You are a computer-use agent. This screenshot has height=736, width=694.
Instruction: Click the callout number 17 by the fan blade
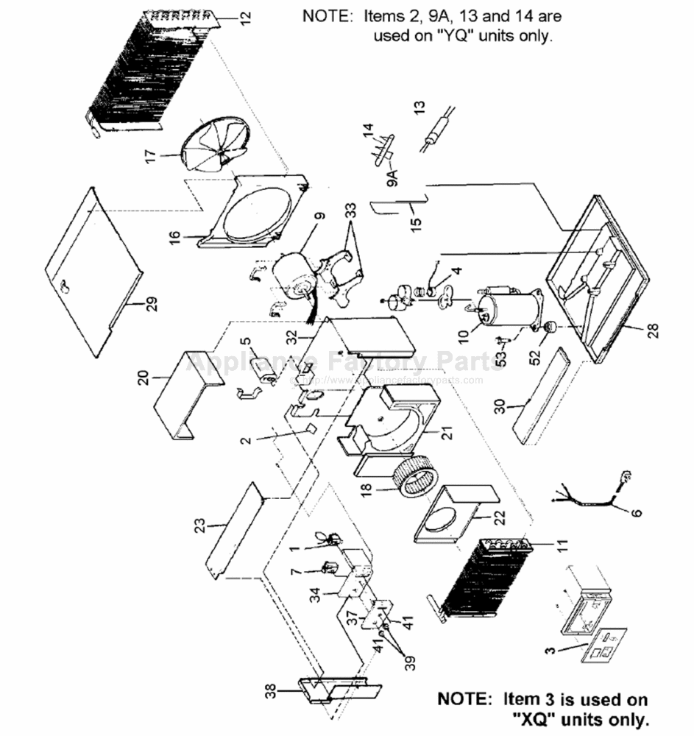tap(150, 156)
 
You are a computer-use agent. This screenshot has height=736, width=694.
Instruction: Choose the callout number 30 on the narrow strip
tap(500, 406)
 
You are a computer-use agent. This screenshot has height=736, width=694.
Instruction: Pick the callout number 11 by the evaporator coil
tap(562, 545)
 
